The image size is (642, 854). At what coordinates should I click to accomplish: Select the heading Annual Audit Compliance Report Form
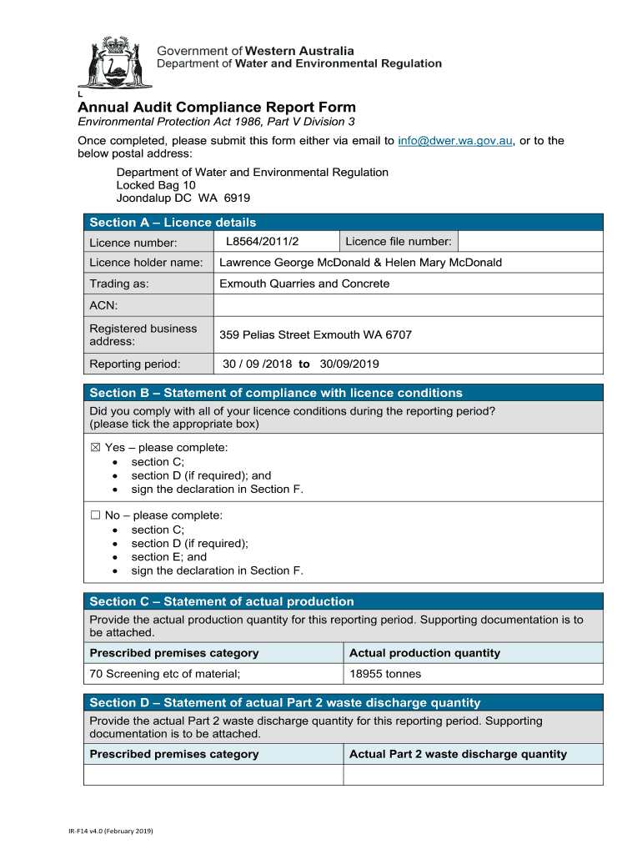[217, 108]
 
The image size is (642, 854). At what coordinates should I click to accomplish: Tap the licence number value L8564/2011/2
[262, 242]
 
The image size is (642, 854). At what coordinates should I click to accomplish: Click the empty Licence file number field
[529, 242]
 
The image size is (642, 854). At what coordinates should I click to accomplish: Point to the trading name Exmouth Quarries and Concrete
[304, 284]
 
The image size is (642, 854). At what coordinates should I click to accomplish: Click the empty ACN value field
[408, 305]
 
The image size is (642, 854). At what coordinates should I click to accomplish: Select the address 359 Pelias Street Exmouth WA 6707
[315, 335]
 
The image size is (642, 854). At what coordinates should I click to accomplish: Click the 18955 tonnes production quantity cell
[385, 674]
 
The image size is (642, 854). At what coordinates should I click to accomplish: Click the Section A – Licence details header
[173, 223]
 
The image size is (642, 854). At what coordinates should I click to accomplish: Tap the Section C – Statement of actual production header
[222, 601]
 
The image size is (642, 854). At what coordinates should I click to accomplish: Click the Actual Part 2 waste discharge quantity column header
[458, 754]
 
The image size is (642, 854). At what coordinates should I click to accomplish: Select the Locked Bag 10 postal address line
[156, 185]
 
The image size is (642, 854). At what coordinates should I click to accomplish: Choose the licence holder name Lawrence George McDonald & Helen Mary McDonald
[360, 263]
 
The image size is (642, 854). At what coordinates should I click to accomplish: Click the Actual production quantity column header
[424, 653]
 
